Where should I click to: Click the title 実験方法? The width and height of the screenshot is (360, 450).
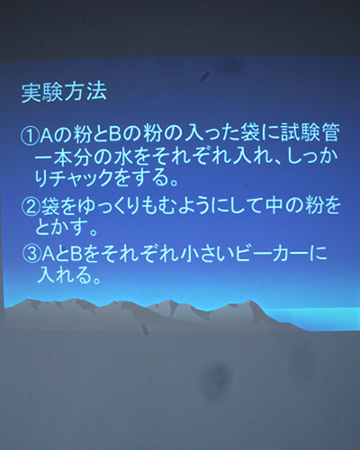(x=64, y=93)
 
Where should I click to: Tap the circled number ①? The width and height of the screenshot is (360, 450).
(x=30, y=135)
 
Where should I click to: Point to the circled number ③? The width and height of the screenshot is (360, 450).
(x=31, y=256)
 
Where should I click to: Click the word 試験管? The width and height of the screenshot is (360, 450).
(x=310, y=133)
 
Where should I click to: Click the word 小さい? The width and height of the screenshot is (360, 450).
(x=206, y=256)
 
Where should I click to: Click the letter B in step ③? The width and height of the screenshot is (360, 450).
(x=76, y=256)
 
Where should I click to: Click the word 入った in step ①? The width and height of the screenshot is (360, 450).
(x=211, y=134)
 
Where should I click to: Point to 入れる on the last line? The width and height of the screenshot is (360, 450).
(x=65, y=274)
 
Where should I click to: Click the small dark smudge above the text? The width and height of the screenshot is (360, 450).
(x=205, y=76)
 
